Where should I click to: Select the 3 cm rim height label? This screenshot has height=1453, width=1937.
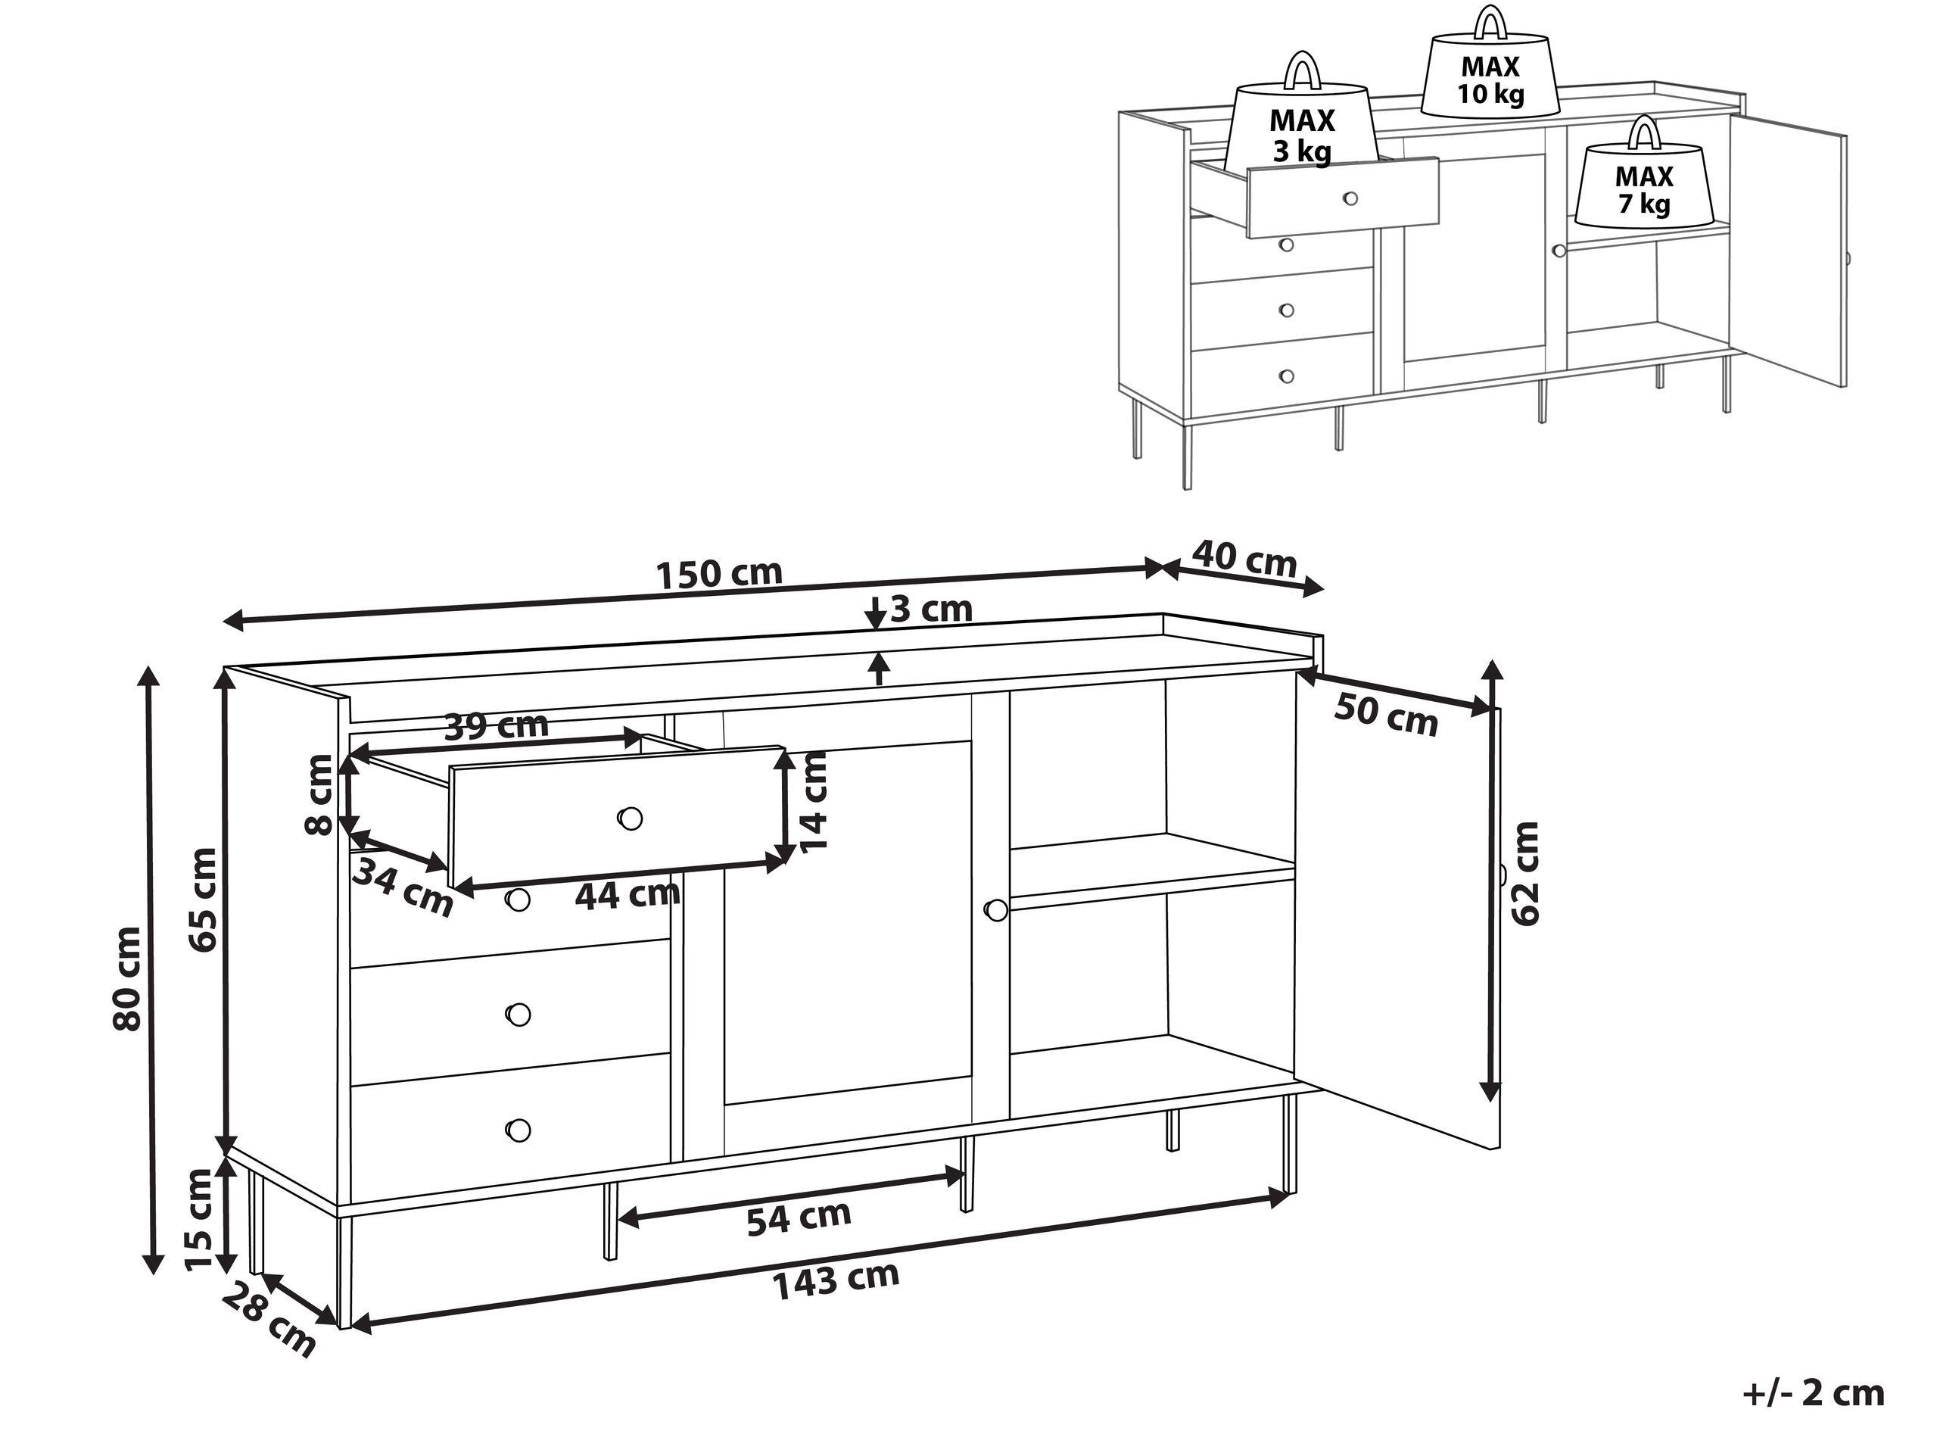point(931,609)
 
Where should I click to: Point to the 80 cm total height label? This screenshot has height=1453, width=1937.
point(128,978)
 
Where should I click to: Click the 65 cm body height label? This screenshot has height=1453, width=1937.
point(202,900)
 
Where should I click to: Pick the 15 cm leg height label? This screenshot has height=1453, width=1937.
point(200,1219)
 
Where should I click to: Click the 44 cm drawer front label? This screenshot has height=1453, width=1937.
point(627,894)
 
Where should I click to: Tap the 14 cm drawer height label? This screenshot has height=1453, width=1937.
point(814,801)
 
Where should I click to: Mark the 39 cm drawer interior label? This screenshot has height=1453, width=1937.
point(497,725)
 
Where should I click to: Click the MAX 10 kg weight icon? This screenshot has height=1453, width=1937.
point(1490,77)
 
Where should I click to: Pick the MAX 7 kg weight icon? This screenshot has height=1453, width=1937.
point(1643,189)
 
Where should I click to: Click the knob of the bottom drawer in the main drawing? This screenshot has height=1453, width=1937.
point(519,1129)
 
